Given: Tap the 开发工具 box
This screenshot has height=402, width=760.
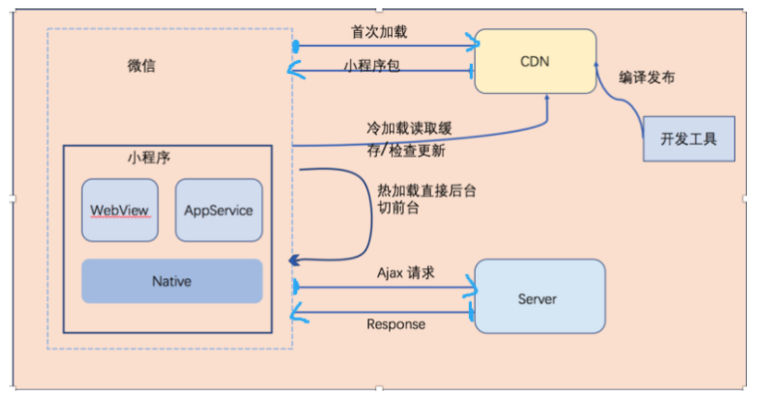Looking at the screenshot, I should tap(689, 138).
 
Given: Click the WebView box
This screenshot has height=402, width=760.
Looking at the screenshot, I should tap(120, 210).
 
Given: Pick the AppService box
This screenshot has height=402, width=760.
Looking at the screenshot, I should tap(218, 210).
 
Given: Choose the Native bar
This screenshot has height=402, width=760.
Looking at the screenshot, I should tap(172, 281).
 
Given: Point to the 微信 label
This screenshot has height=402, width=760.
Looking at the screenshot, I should tap(142, 67).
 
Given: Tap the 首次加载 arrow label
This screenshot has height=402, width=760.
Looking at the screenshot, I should tap(379, 31).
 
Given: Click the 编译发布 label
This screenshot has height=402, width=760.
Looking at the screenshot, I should tap(647, 77).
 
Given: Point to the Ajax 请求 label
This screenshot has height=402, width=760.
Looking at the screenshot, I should tap(406, 272).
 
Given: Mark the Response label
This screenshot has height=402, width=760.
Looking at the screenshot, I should tap(396, 324).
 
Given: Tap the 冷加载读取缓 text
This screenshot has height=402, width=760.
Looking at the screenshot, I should tap(408, 131).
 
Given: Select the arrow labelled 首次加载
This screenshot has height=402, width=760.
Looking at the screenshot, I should tap(385, 46).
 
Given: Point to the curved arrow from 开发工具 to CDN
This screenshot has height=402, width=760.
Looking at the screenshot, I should tap(615, 100).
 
